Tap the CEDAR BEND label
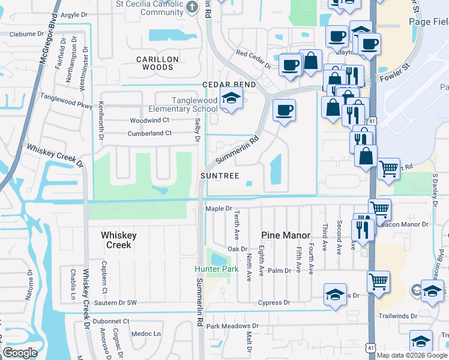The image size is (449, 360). click(229, 85)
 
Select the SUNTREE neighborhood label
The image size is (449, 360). click(220, 176)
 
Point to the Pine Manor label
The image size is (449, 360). click(286, 236)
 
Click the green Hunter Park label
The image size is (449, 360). click(216, 269)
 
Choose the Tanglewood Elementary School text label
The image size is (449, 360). click(187, 104)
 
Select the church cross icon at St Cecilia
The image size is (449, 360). click(191, 7)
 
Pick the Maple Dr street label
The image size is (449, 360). click(218, 209)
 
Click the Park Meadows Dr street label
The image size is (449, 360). click(232, 326)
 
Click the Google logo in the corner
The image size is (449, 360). click(20, 353)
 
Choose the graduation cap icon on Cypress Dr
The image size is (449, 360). click(335, 295)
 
